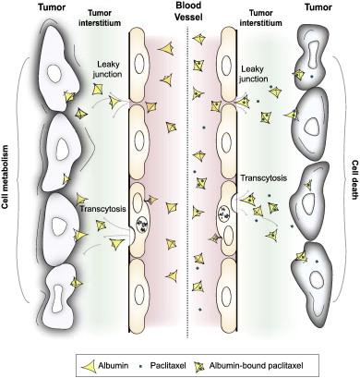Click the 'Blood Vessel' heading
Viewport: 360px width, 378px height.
coord(188,11)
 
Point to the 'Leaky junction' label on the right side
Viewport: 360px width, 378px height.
coord(254,74)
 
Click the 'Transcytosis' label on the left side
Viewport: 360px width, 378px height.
coord(102,209)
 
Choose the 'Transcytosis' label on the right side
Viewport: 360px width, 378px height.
coord(263,178)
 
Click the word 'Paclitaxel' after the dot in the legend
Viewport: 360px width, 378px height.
coord(168,366)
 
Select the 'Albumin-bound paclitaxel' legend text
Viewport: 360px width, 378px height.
coord(256,366)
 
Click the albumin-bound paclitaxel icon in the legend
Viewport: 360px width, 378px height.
coord(199,366)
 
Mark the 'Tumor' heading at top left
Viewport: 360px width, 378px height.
coord(52,7)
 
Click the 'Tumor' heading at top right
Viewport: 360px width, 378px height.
coord(318,7)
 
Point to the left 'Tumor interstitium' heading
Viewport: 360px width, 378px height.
coord(104,18)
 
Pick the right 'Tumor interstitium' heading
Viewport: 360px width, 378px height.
coord(265,18)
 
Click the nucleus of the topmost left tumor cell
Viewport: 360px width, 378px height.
coord(54,73)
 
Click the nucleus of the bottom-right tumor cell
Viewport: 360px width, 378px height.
coord(317,280)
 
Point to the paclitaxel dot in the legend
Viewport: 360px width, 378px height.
coord(141,366)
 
